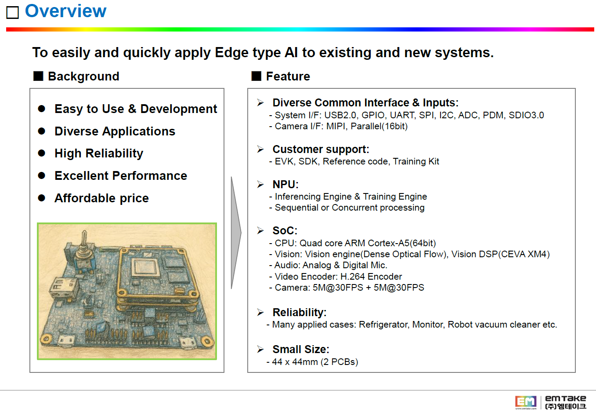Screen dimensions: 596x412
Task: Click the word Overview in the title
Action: (x=65, y=11)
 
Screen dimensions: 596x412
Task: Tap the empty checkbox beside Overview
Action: (x=12, y=12)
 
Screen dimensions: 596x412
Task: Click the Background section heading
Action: (x=83, y=77)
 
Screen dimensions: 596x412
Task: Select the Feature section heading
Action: (x=288, y=77)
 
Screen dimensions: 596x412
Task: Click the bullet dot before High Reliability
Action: (x=42, y=153)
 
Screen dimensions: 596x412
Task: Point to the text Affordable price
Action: (x=101, y=198)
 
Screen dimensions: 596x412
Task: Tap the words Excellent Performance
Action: (x=121, y=176)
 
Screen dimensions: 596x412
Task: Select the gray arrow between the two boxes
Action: (x=236, y=233)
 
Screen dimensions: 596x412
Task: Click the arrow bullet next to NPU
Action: (x=260, y=184)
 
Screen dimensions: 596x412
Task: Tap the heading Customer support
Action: (x=321, y=149)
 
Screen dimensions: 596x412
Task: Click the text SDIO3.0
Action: (x=526, y=115)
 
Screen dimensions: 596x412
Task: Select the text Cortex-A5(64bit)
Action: (x=402, y=243)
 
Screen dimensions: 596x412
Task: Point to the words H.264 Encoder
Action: (x=371, y=277)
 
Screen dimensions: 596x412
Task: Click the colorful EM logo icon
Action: (x=525, y=401)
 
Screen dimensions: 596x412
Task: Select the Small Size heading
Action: (x=301, y=349)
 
